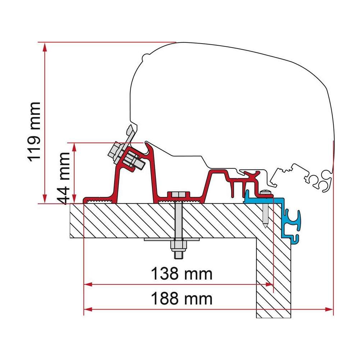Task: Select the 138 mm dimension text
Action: [x=181, y=274]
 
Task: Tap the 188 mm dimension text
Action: [x=181, y=299]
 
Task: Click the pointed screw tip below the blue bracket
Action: [x=265, y=225]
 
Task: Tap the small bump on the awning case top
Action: [x=145, y=57]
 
